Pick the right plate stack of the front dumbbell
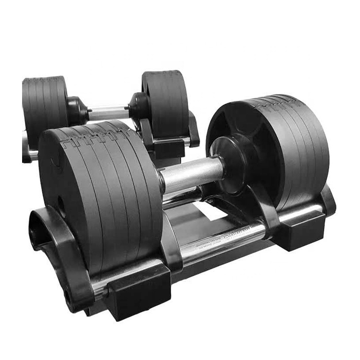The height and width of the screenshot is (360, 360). pyautogui.click(x=283, y=149)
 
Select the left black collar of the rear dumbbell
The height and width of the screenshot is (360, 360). pyautogui.click(x=77, y=110)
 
